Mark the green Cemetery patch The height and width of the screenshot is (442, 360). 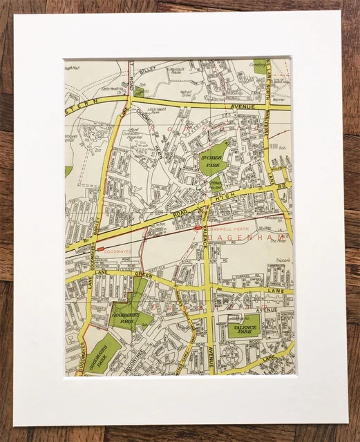tap(260, 65)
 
